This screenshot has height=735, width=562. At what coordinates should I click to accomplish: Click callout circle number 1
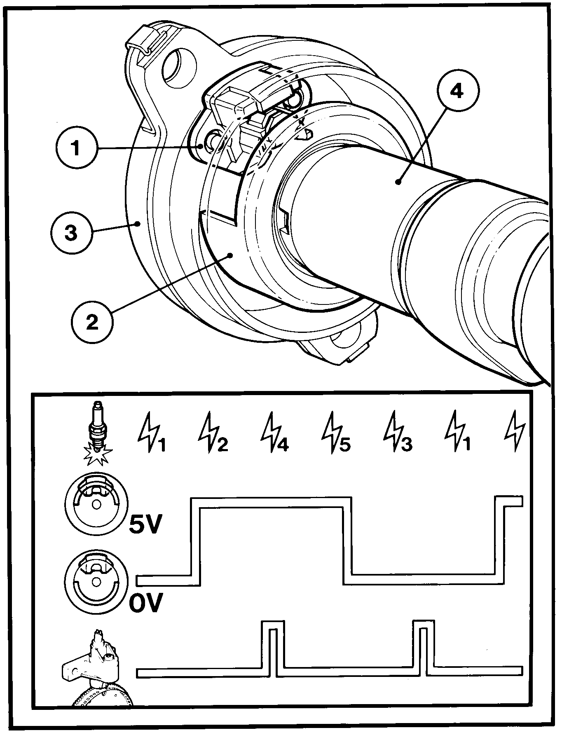tap(75, 148)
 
